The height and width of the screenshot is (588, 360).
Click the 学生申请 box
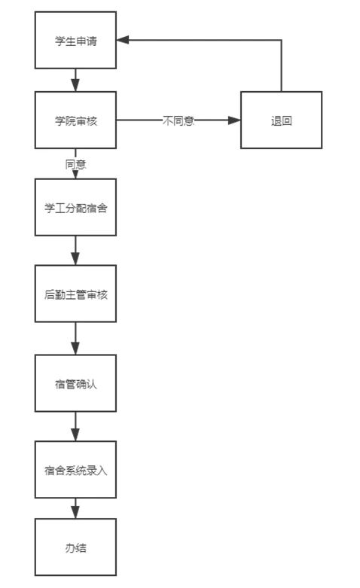(75, 40)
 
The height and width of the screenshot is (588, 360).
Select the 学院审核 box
(75, 120)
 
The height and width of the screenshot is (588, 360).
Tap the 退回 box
(281, 120)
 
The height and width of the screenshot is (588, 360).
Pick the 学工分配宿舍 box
(75, 207)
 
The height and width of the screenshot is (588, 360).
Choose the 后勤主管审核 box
(75, 294)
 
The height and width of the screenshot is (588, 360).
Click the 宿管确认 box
(75, 383)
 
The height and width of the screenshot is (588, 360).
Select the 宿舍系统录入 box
(75, 470)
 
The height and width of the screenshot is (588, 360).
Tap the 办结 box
(75, 547)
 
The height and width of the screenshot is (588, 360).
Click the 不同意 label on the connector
(178, 120)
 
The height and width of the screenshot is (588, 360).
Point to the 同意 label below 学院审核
(76, 164)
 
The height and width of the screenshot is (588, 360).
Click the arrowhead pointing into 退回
(234, 120)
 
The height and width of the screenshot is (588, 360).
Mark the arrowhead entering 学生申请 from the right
(123, 40)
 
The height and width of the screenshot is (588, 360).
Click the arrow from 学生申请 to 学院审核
(75, 80)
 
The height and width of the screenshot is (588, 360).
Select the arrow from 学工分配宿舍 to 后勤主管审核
(75, 250)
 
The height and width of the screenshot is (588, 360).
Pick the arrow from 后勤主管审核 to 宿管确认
(75, 338)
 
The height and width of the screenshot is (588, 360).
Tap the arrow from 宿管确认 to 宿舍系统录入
(75, 426)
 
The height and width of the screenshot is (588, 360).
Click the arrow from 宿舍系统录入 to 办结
(75, 508)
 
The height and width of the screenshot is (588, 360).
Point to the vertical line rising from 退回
(281, 66)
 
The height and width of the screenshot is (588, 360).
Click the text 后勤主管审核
(76, 294)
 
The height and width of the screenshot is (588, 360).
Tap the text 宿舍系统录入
(76, 471)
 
